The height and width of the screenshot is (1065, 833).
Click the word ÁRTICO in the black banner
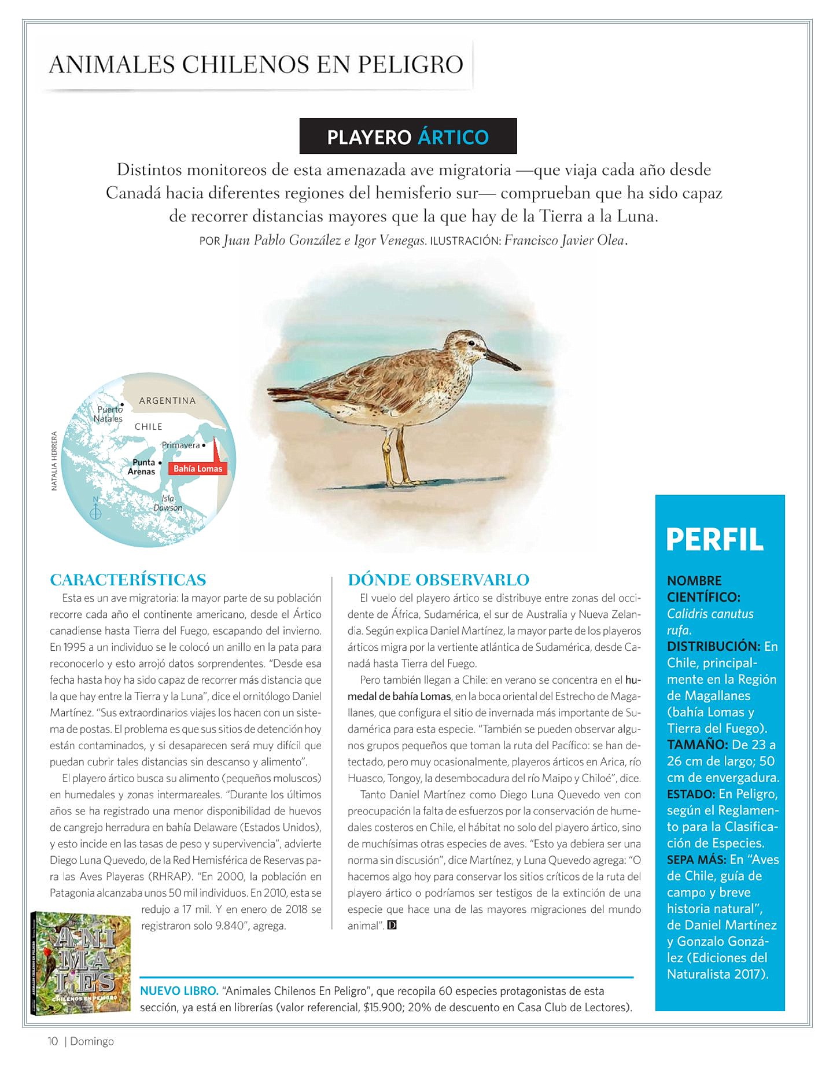453,137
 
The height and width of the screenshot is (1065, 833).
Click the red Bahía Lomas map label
198,469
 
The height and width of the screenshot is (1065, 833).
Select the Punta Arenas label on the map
142,467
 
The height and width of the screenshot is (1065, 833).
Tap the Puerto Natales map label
109,414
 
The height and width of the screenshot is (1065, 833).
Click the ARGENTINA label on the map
167,400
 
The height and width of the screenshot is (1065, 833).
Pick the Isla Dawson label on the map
168,503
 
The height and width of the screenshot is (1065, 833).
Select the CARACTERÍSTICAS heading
128,580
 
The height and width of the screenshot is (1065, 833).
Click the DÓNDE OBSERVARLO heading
438,580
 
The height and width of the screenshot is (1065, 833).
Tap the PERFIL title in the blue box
714,539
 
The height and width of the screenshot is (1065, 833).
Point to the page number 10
53,1041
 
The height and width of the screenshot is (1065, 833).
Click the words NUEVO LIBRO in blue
179,991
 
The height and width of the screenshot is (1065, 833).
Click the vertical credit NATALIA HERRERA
54,461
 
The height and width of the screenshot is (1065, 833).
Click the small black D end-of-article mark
392,926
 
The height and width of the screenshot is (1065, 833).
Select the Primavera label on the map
181,445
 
